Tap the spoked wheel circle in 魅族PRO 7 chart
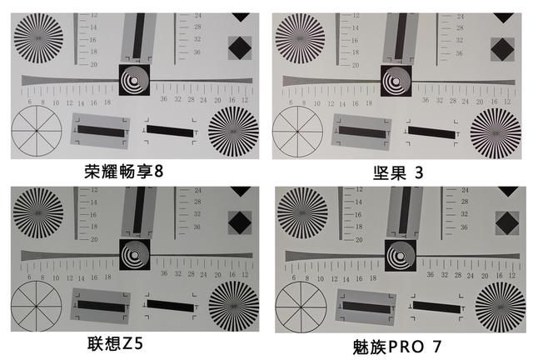[x=300, y=306]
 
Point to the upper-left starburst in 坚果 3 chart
[x=299, y=35]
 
